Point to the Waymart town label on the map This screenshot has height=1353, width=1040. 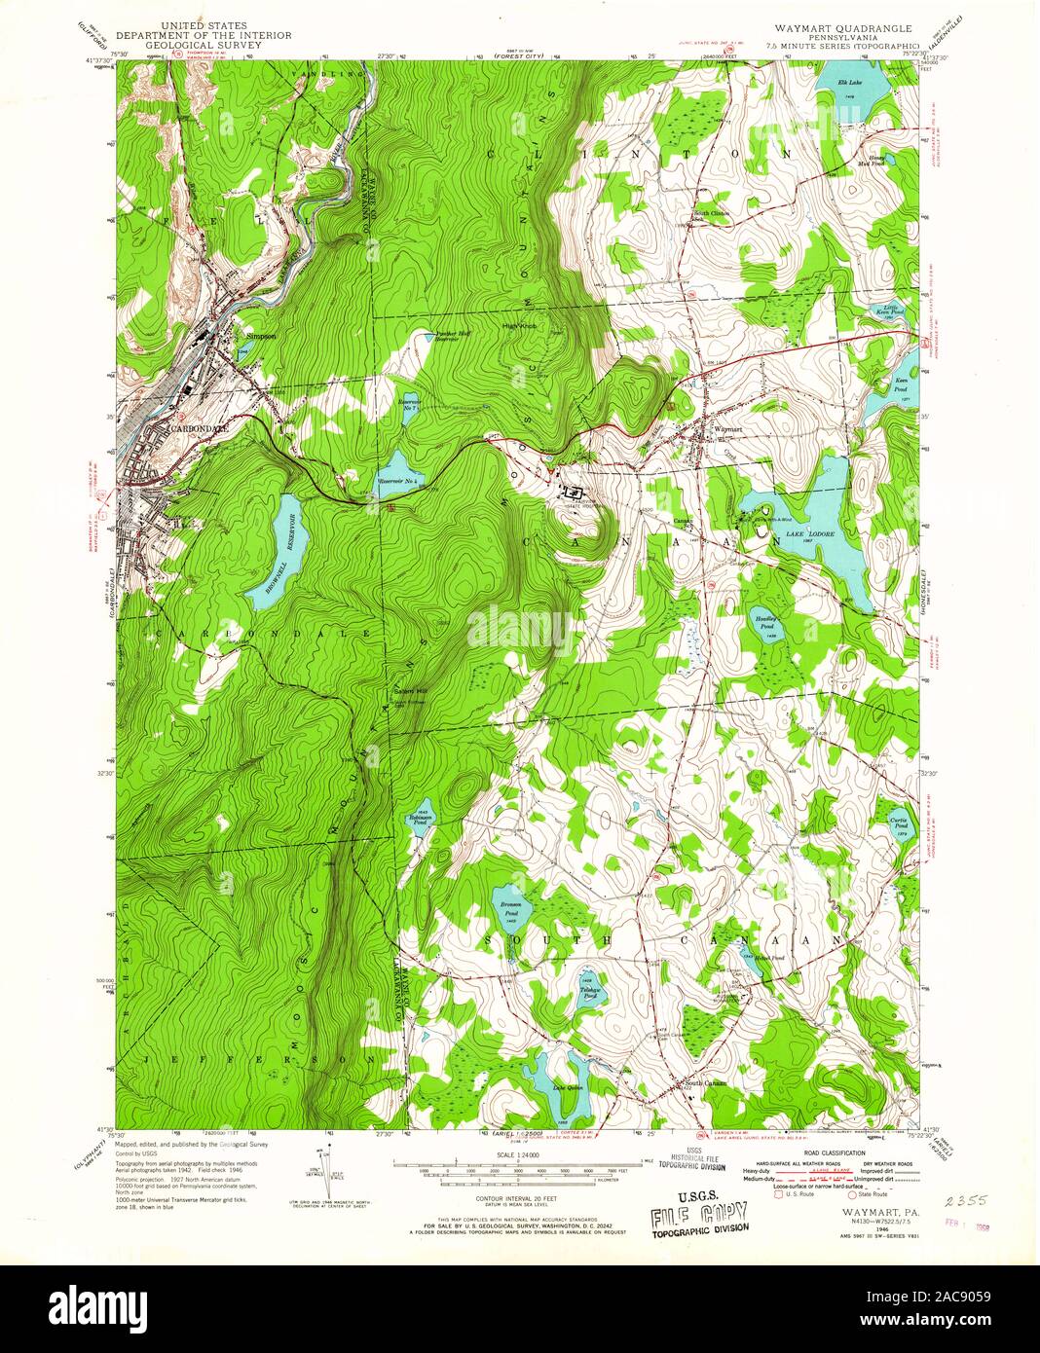727,428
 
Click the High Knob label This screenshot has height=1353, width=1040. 520,326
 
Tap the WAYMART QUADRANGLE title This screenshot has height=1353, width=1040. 842,30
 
